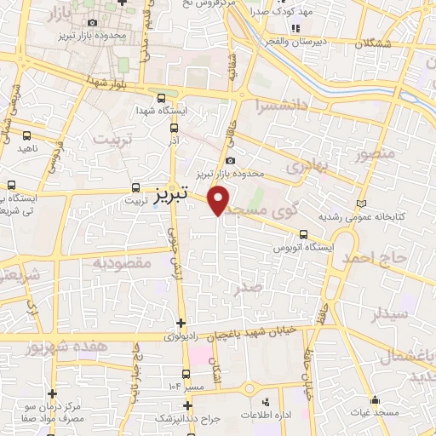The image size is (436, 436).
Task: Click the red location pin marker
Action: [x=220, y=199]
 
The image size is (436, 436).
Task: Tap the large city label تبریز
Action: [x=172, y=196]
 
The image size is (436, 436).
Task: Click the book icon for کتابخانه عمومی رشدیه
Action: [x=364, y=203]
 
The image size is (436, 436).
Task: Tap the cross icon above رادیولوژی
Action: [x=181, y=322]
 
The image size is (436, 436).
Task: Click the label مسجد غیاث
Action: [x=374, y=412]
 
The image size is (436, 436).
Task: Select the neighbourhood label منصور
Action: [x=376, y=154]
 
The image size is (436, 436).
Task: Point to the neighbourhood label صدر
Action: [x=250, y=289]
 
